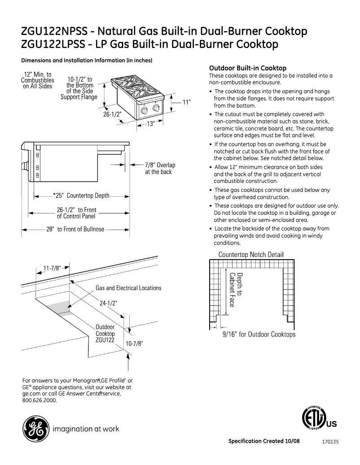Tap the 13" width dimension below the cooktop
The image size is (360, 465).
click(151, 124)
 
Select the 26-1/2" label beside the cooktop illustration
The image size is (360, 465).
click(113, 114)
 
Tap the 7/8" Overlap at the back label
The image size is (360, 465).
click(160, 169)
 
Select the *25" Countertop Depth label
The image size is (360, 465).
click(81, 196)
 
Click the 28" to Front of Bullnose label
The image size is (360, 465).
click(75, 229)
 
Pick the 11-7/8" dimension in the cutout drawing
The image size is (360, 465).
click(52, 269)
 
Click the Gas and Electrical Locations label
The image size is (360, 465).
click(128, 288)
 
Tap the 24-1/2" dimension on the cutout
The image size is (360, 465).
click(108, 303)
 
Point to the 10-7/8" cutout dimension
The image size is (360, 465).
click(134, 343)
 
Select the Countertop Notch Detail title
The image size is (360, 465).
click(251, 254)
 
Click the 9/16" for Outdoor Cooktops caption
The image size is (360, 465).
click(259, 335)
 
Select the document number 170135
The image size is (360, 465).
click(330, 442)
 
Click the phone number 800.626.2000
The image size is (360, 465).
click(40, 400)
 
